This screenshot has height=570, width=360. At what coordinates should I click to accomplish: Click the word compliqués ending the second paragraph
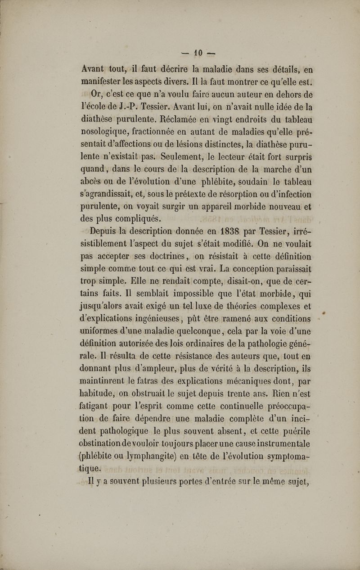click(136, 219)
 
